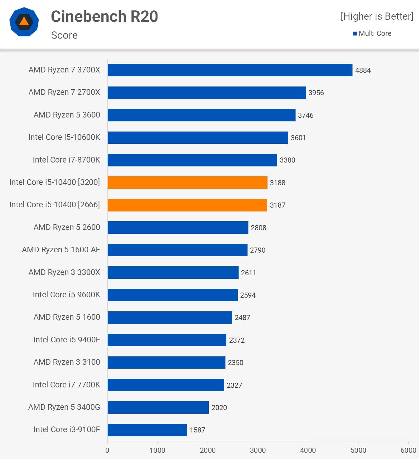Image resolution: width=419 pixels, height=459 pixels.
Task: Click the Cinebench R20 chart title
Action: (104, 16)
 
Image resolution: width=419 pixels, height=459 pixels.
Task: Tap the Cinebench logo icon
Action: (24, 22)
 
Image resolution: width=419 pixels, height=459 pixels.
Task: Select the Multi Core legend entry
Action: (372, 33)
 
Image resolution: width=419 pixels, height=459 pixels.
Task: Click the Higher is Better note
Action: (377, 16)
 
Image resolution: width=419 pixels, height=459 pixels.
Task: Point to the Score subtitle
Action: (64, 35)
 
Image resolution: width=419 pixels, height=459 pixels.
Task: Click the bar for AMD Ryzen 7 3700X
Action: (230, 70)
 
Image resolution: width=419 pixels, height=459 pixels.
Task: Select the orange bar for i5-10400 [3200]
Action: (187, 183)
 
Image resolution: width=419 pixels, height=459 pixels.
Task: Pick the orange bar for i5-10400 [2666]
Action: (187, 205)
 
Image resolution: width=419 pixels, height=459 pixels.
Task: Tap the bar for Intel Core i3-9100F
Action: (147, 430)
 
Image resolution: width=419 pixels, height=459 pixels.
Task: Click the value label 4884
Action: (363, 70)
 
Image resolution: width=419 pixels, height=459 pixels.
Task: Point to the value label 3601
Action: (298, 138)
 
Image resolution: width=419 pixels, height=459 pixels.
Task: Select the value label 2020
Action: (219, 408)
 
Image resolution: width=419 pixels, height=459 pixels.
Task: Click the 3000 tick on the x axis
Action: (258, 450)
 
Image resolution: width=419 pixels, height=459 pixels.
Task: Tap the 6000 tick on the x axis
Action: (408, 450)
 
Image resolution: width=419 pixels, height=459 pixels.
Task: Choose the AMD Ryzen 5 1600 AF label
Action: (61, 250)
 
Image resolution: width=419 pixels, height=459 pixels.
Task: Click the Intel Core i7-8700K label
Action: (66, 160)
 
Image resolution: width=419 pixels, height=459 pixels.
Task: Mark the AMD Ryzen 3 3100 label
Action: (67, 362)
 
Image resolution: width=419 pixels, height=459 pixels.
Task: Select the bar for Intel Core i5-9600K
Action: (172, 295)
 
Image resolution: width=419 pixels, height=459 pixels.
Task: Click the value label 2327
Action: (234, 385)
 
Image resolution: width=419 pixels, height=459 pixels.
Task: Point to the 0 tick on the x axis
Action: (107, 450)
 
